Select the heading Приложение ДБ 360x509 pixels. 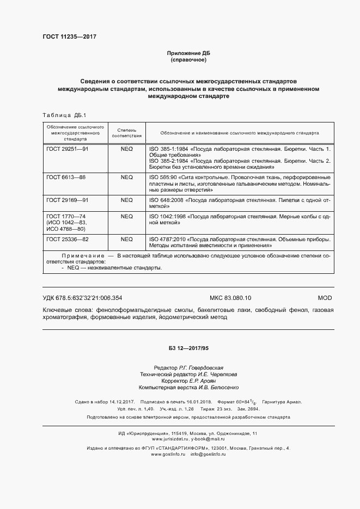(188, 53)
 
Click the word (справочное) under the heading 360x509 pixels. (188, 59)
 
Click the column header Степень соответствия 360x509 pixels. (126, 132)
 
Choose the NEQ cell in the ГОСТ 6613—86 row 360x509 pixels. (126, 177)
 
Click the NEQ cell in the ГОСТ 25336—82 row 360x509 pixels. (126, 239)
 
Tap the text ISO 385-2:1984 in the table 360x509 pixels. (166, 161)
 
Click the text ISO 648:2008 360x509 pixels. (166, 200)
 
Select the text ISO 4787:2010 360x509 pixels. (167, 239)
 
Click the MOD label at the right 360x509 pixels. (325, 298)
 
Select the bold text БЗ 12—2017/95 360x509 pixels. (188, 348)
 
